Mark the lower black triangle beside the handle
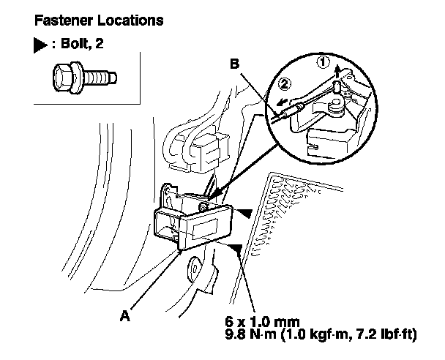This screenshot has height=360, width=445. tap(236, 249)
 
